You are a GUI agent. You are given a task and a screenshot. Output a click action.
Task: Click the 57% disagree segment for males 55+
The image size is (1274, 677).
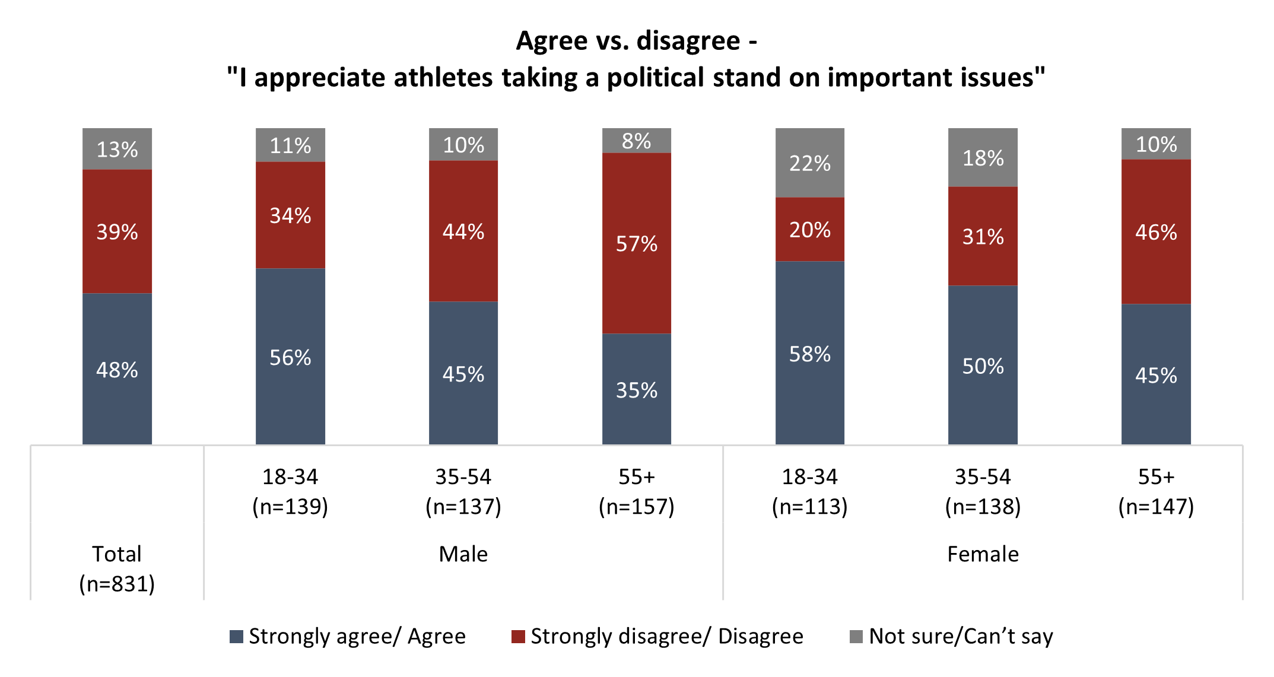[x=636, y=243]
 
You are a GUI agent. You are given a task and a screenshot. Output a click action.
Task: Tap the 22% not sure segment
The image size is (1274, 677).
[x=809, y=163]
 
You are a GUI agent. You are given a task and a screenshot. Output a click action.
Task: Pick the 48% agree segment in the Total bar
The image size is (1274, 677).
[x=117, y=369]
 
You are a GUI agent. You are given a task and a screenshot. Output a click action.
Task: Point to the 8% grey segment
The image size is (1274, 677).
[x=636, y=141]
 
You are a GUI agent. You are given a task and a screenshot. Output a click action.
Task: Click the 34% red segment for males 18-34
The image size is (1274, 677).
[x=290, y=215]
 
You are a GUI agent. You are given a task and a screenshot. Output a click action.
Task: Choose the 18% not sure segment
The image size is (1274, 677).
[x=983, y=158]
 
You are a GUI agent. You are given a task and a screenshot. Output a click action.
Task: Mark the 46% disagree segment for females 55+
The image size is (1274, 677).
[x=1155, y=232]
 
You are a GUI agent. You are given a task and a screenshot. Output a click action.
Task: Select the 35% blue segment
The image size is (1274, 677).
[x=636, y=390]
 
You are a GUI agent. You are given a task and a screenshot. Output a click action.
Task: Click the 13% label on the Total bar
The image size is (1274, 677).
[x=117, y=150]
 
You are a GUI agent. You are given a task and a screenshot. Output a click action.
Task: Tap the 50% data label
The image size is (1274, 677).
[x=983, y=366]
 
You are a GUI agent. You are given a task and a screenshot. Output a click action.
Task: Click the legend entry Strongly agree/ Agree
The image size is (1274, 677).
[x=348, y=637]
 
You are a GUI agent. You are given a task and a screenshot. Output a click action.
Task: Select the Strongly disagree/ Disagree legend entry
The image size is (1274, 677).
[x=657, y=637]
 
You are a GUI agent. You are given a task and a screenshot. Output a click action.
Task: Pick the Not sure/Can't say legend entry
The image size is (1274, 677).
[x=952, y=637]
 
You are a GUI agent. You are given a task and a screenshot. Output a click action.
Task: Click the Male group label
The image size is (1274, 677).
[x=463, y=554]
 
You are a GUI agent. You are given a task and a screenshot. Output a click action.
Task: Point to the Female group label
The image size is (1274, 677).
[x=983, y=554]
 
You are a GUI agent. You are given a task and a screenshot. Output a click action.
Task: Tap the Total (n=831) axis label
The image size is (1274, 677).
[x=117, y=568]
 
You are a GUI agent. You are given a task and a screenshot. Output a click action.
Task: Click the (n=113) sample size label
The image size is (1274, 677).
[x=809, y=507]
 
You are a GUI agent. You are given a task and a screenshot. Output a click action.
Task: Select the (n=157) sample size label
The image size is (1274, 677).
[x=636, y=507]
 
